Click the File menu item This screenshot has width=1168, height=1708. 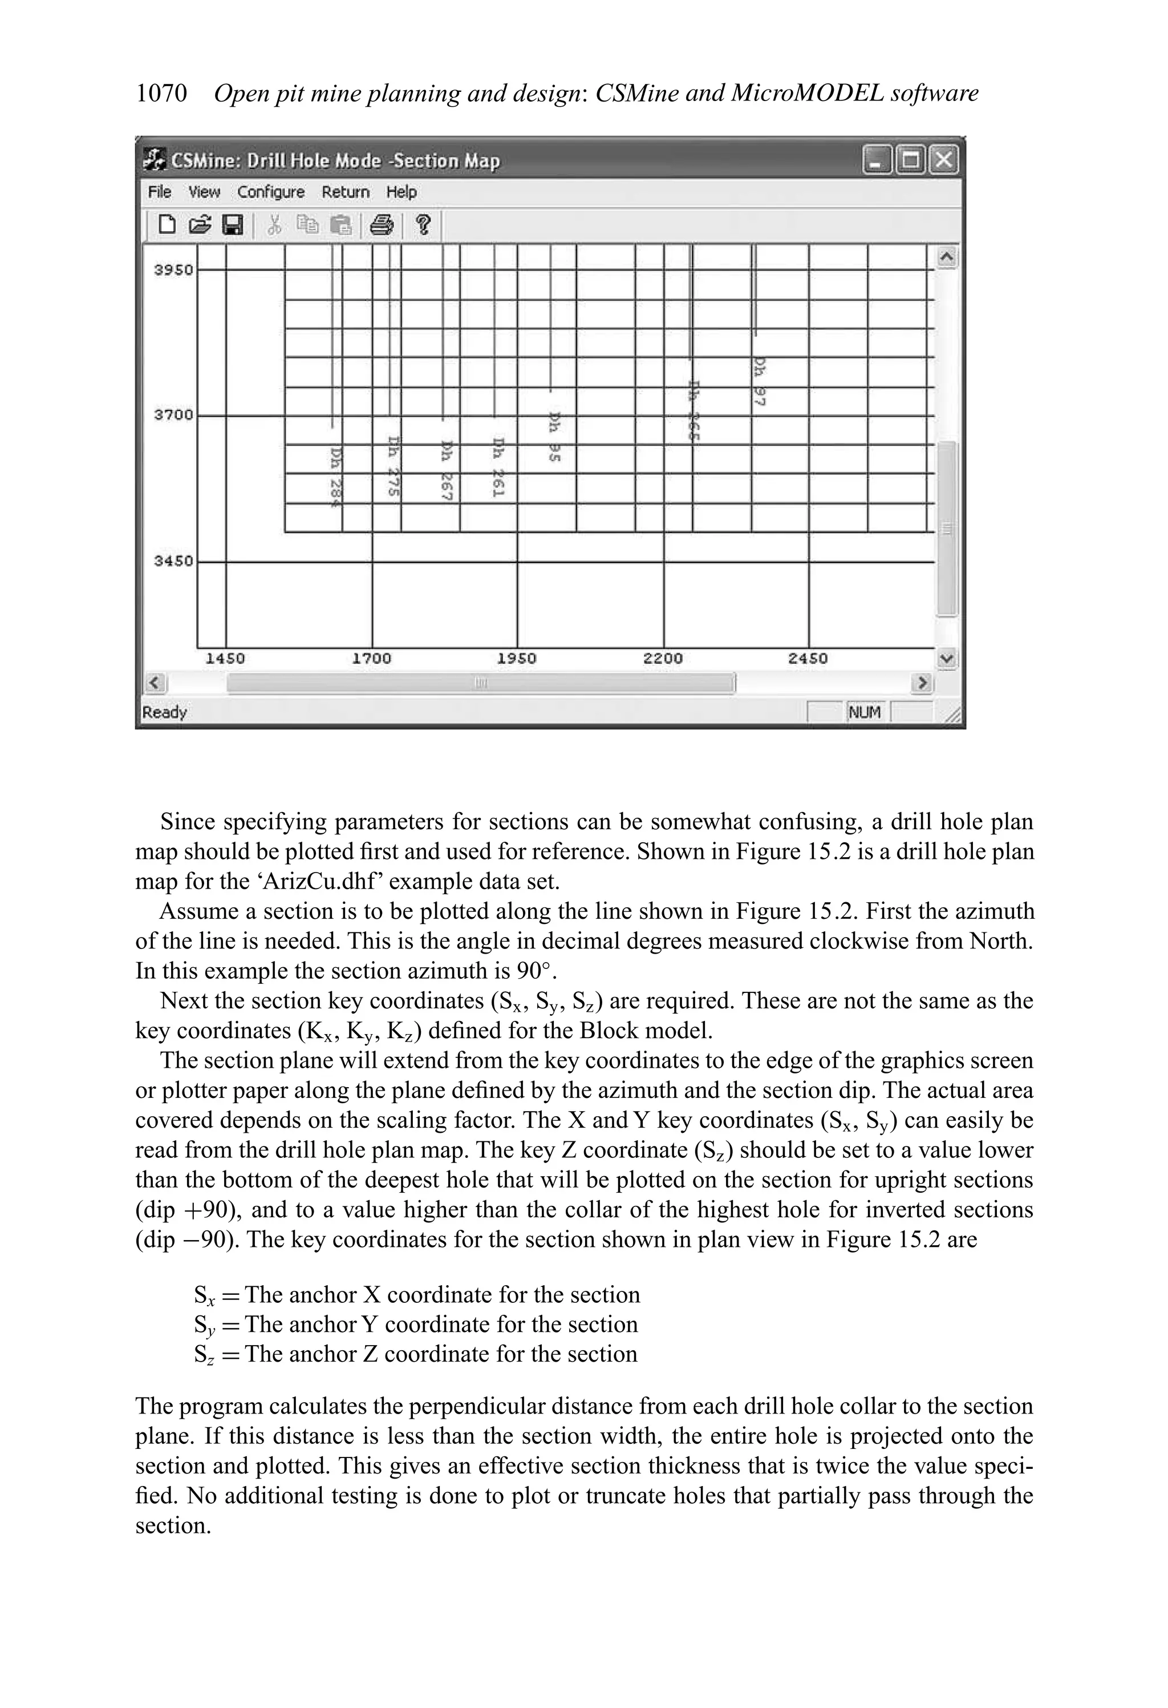click(x=160, y=192)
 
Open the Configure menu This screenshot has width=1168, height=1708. click(x=270, y=192)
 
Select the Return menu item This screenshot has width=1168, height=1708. click(x=345, y=192)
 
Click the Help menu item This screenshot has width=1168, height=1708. click(x=401, y=192)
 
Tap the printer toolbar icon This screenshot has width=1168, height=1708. click(x=381, y=224)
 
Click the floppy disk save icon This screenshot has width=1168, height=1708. click(x=233, y=224)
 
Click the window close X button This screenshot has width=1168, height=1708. click(x=943, y=160)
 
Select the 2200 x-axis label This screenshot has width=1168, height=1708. click(x=663, y=659)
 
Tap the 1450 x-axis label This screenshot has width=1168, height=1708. click(x=225, y=659)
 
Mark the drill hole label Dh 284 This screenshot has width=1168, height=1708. click(x=336, y=478)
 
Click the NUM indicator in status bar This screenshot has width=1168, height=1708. click(x=865, y=712)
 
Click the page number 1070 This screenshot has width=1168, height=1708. click(x=161, y=94)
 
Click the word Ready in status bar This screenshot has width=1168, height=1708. click(x=165, y=712)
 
